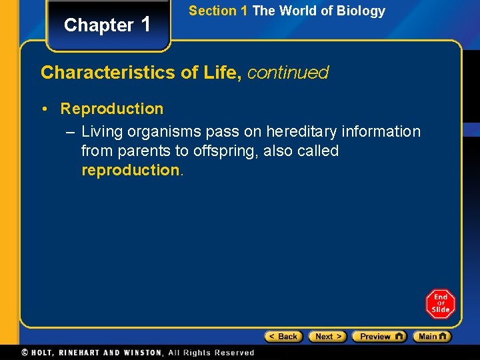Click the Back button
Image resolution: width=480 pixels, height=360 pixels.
(284, 337)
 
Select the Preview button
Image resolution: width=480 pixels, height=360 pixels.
(379, 337)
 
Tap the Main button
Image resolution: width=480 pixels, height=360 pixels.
(431, 337)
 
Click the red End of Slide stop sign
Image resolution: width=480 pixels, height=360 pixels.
(440, 303)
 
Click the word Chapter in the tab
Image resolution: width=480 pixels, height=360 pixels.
(99, 25)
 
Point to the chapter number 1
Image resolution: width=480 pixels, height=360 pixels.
(147, 25)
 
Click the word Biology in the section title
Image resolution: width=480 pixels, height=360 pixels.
(362, 11)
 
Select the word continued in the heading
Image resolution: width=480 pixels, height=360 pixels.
(288, 73)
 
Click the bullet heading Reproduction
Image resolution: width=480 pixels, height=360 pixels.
(112, 109)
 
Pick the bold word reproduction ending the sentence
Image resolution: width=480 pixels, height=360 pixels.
(130, 170)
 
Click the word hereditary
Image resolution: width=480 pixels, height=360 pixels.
(304, 132)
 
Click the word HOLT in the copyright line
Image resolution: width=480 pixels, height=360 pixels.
(45, 353)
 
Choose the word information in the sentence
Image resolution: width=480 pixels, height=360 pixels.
(384, 132)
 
